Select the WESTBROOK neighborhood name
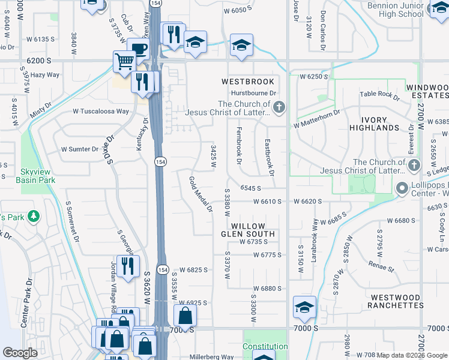click(x=247, y=82)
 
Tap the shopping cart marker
click(x=124, y=61)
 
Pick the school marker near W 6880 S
click(x=304, y=307)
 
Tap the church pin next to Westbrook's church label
click(x=278, y=108)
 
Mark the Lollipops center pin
click(x=402, y=189)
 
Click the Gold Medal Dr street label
click(x=200, y=194)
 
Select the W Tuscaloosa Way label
click(x=101, y=111)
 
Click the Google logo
click(x=20, y=353)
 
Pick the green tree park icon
click(x=34, y=216)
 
